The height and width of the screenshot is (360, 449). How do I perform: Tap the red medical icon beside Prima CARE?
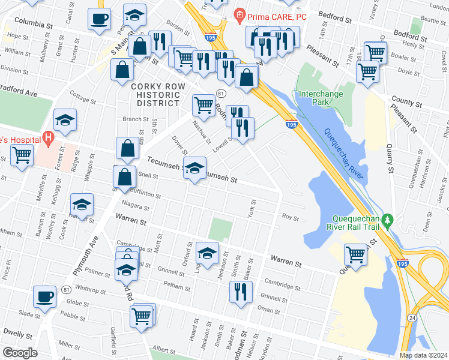[x=240, y=14]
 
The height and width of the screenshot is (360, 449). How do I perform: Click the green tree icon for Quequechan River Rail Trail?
[x=388, y=222]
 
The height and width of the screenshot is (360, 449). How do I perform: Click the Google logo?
[x=20, y=353]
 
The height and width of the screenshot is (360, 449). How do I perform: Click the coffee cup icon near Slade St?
[x=45, y=296]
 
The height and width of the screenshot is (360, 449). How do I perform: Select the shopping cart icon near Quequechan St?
[x=356, y=254]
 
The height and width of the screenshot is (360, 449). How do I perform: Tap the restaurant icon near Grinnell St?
[x=240, y=291]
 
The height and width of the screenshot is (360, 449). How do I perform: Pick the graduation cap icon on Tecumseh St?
[x=194, y=167]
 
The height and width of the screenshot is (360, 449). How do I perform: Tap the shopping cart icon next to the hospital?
[x=22, y=155]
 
